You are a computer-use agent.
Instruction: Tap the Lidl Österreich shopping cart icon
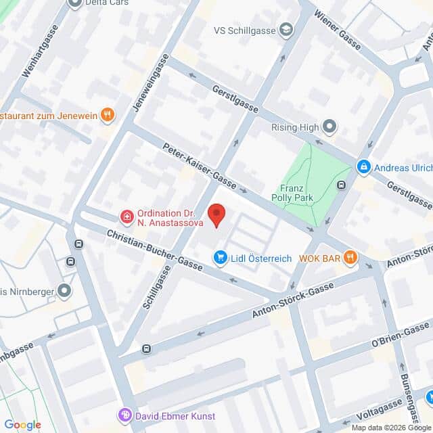click(x=220, y=257)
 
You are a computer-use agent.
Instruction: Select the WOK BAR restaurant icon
click(x=349, y=256)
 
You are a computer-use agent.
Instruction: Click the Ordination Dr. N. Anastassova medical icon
click(x=126, y=217)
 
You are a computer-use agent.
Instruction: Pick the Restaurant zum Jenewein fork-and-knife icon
click(x=106, y=115)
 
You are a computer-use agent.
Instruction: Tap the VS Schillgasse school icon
click(x=287, y=29)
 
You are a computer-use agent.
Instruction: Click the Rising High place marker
click(x=329, y=127)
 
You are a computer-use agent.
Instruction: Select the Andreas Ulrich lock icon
click(x=364, y=166)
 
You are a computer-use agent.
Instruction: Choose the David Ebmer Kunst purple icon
click(x=124, y=414)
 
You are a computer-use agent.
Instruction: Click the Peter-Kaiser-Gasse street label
click(x=200, y=167)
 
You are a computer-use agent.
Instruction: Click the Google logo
click(x=22, y=425)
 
